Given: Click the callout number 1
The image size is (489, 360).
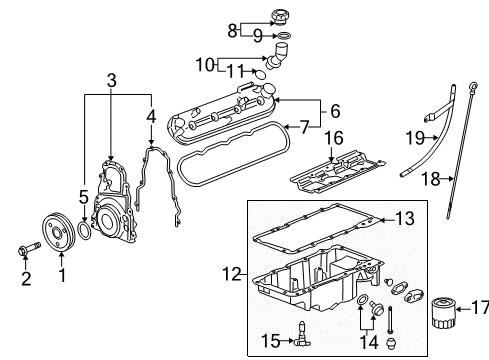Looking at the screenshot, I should pyautogui.click(x=61, y=272).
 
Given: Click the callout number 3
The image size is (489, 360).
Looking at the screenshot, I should pyautogui.click(x=112, y=80).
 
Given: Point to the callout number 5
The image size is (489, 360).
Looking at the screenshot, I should pyautogui.click(x=83, y=198).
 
